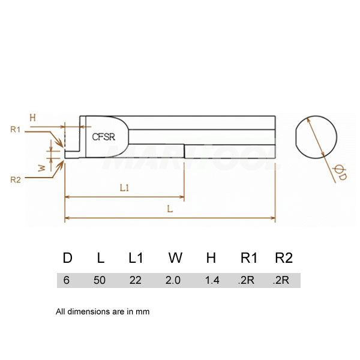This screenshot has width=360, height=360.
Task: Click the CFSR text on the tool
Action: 103,137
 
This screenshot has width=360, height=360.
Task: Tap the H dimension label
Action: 32,118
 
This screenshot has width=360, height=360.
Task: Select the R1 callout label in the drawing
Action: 16,130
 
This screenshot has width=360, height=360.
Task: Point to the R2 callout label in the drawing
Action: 16,179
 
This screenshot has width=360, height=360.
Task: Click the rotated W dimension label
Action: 42,168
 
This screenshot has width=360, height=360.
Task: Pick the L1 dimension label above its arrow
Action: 124,188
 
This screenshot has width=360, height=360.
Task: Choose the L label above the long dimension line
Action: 170,209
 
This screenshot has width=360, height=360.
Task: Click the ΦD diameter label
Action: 340,173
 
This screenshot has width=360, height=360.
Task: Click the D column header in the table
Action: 67,258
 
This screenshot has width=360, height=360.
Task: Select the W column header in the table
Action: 175,258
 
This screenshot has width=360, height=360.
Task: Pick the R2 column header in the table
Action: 284,258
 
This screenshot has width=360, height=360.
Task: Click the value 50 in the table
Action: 100,280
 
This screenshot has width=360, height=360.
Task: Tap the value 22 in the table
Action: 135,280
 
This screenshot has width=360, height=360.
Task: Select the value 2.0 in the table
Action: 173,280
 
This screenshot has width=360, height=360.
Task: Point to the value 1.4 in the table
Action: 212,280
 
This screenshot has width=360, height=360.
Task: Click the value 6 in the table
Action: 67,280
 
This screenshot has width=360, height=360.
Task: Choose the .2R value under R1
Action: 246,280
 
